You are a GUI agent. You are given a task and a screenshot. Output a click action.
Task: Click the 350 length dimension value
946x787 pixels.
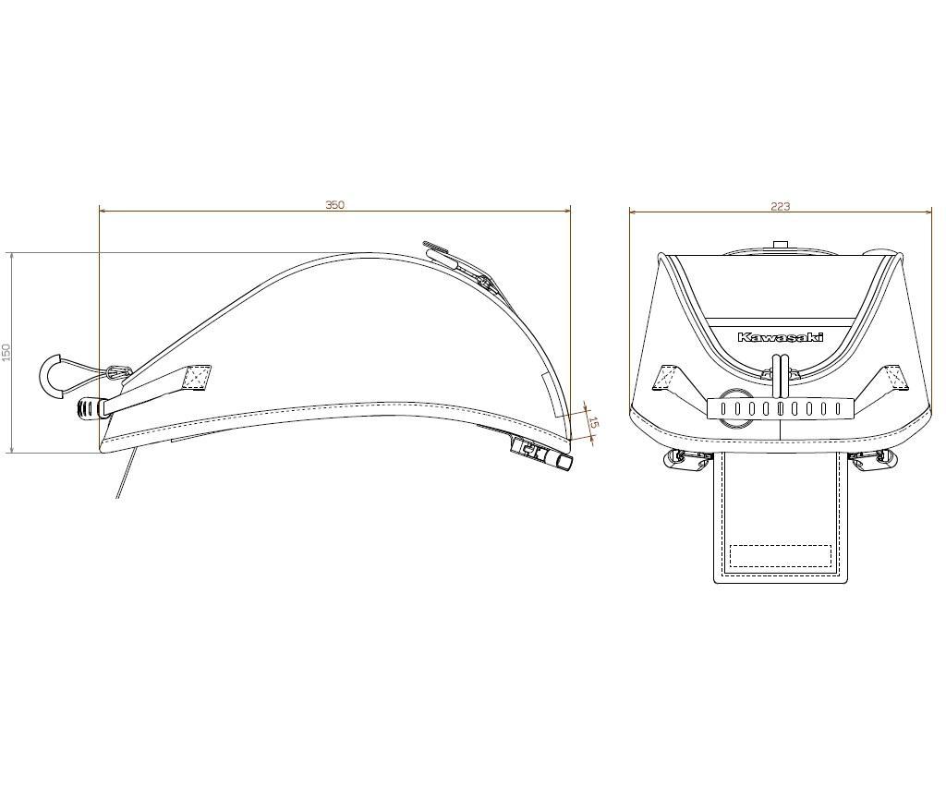tap(334, 205)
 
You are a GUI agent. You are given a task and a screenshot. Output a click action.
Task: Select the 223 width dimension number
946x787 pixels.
tap(781, 207)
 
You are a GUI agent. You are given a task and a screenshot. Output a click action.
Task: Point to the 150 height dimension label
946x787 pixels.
tap(6, 352)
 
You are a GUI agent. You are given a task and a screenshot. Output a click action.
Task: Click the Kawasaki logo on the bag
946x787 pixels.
tap(780, 337)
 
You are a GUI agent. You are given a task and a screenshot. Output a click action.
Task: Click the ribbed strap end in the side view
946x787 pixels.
tap(88, 406)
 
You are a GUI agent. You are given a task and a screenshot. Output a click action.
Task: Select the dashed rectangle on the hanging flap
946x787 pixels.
tap(781, 556)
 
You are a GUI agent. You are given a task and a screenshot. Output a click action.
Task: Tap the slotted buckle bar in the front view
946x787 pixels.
tap(781, 408)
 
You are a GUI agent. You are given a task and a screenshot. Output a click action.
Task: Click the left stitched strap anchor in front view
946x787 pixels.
tap(667, 379)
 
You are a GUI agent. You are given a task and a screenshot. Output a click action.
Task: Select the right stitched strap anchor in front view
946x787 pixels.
tap(892, 377)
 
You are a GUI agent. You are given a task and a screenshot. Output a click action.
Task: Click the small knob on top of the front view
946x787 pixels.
tap(781, 245)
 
